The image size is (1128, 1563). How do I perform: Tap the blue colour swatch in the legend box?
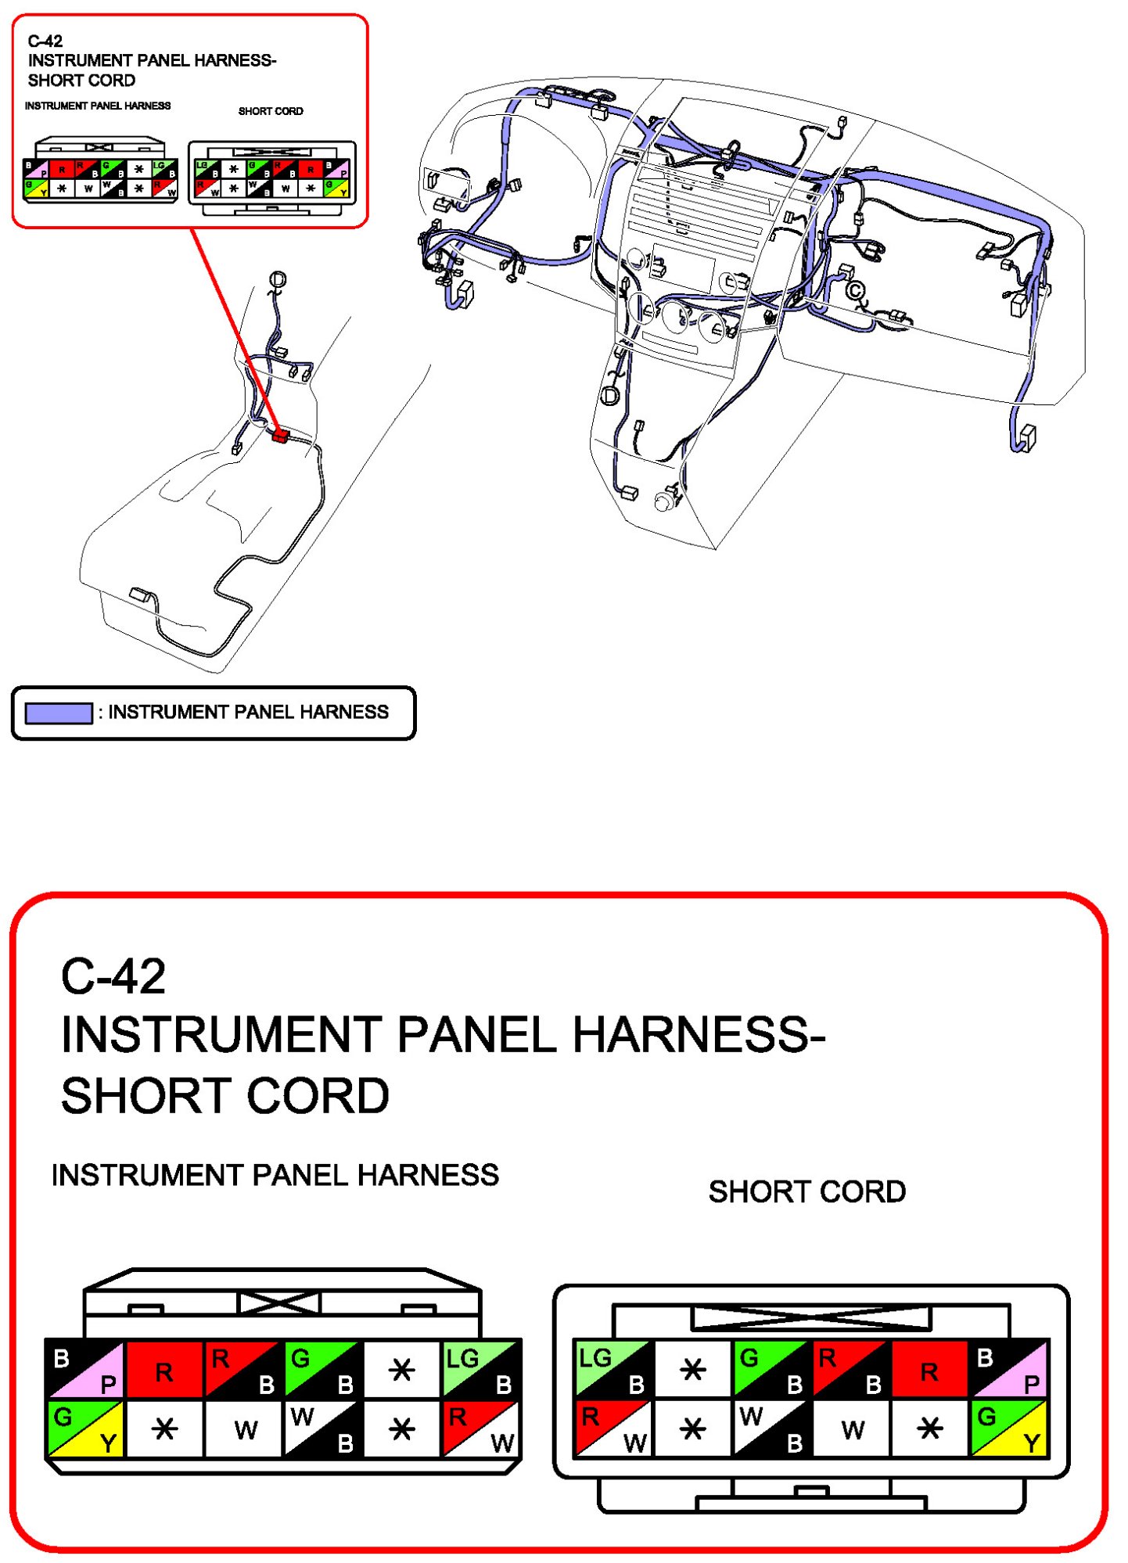pyautogui.click(x=59, y=713)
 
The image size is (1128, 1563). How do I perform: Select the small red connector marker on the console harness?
pyautogui.click(x=280, y=435)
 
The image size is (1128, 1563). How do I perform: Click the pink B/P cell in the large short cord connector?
pyautogui.click(x=1009, y=1369)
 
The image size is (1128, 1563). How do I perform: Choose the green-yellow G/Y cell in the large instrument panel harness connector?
pyautogui.click(x=85, y=1428)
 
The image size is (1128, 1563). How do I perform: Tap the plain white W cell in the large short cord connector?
pyautogui.click(x=852, y=1428)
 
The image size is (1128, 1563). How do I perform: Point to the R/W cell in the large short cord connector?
pyautogui.click(x=613, y=1428)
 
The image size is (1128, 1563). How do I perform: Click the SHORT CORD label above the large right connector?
pyautogui.click(x=806, y=1191)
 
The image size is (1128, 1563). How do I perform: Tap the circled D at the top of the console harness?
pyautogui.click(x=278, y=279)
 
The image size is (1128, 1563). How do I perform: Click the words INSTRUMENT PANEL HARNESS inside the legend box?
pyautogui.click(x=248, y=712)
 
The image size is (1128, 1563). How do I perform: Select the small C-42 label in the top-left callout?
pyautogui.click(x=45, y=41)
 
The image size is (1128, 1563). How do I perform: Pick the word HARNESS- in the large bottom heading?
pyautogui.click(x=699, y=1034)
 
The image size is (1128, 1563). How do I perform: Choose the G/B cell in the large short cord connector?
pyautogui.click(x=771, y=1369)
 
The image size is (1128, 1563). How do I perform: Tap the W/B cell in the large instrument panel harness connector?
pyautogui.click(x=323, y=1428)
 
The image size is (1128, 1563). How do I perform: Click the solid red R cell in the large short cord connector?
pyautogui.click(x=929, y=1369)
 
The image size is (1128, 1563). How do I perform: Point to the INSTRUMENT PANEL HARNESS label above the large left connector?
pyautogui.click(x=275, y=1175)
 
